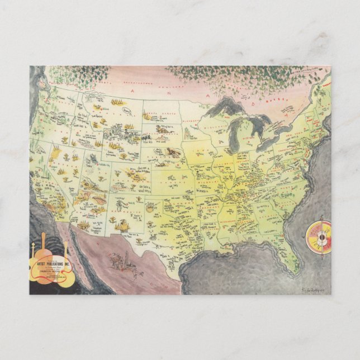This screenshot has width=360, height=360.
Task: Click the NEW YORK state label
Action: click(x=291, y=134)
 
